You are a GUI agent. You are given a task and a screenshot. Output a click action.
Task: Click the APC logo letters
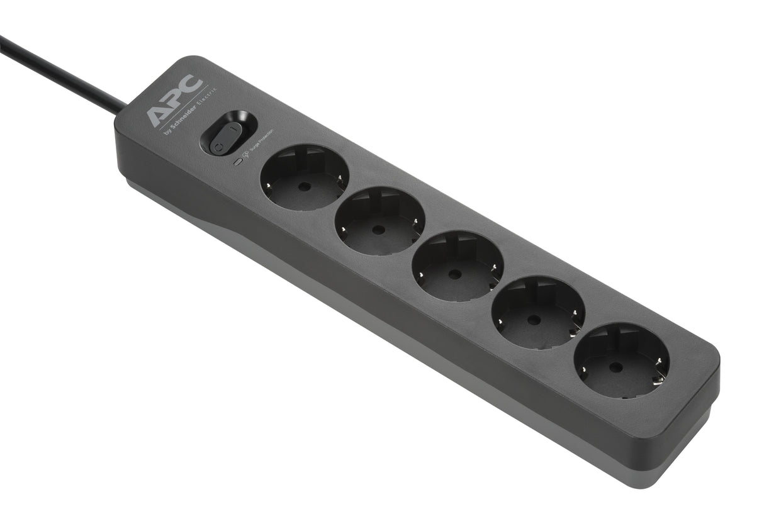(x=176, y=101)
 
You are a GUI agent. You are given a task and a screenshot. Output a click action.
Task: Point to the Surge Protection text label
(x=262, y=140)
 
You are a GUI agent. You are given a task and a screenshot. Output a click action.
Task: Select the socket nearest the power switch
(x=305, y=177)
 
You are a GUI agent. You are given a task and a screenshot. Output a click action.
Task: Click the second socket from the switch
(x=379, y=220)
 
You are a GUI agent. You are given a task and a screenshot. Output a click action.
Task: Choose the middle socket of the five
(x=458, y=266)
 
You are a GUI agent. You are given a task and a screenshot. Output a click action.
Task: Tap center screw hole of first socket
(x=301, y=186)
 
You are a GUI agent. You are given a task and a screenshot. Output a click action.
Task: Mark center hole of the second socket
(x=376, y=230)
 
